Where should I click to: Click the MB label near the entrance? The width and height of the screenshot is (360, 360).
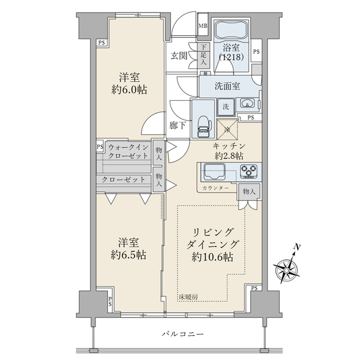(203, 26)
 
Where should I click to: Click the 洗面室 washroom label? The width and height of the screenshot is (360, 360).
(228, 85)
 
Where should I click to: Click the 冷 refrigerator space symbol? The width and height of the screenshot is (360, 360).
(227, 128)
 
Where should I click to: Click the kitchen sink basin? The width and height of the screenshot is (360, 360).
(214, 172)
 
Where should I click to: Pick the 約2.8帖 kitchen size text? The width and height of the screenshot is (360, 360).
(228, 155)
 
